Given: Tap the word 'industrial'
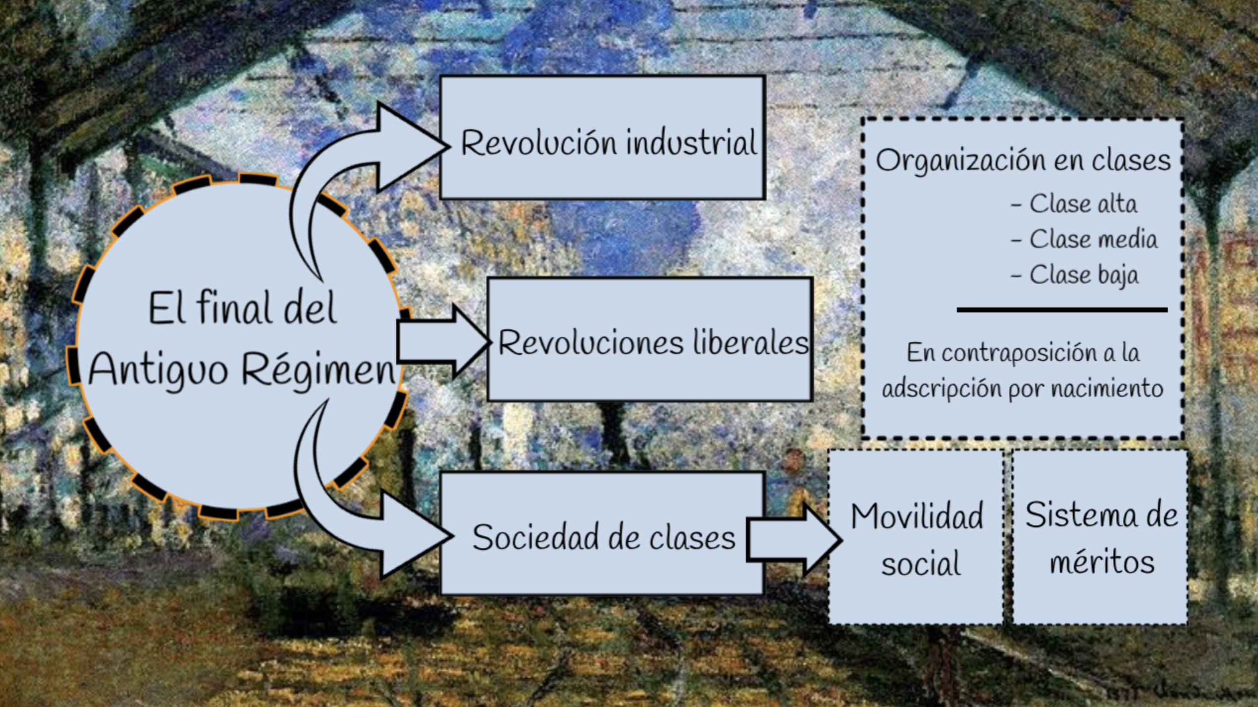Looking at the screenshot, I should [691, 143].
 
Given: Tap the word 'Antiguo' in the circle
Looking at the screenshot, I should [158, 370].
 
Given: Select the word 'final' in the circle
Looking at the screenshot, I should [235, 308].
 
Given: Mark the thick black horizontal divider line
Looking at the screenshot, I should [1062, 310].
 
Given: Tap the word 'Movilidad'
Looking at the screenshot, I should [917, 516].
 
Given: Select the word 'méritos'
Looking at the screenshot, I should [1101, 562].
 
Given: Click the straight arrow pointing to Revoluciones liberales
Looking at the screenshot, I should [441, 342].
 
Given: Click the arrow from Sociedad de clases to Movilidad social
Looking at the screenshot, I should [792, 540].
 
